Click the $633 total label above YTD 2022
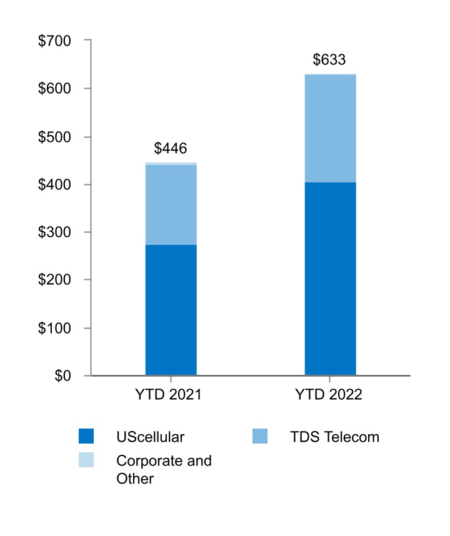(x=329, y=61)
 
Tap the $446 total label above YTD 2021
(x=171, y=149)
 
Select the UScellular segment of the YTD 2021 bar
(x=171, y=310)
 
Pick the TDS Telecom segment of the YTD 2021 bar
(x=171, y=204)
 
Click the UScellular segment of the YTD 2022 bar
(x=330, y=279)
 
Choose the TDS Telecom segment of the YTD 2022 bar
(x=330, y=129)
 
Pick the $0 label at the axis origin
(x=62, y=376)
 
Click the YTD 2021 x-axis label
(x=171, y=395)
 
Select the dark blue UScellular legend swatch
(x=86, y=436)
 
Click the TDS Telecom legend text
(x=334, y=437)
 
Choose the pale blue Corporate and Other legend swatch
(x=86, y=460)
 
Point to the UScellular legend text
(x=151, y=437)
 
